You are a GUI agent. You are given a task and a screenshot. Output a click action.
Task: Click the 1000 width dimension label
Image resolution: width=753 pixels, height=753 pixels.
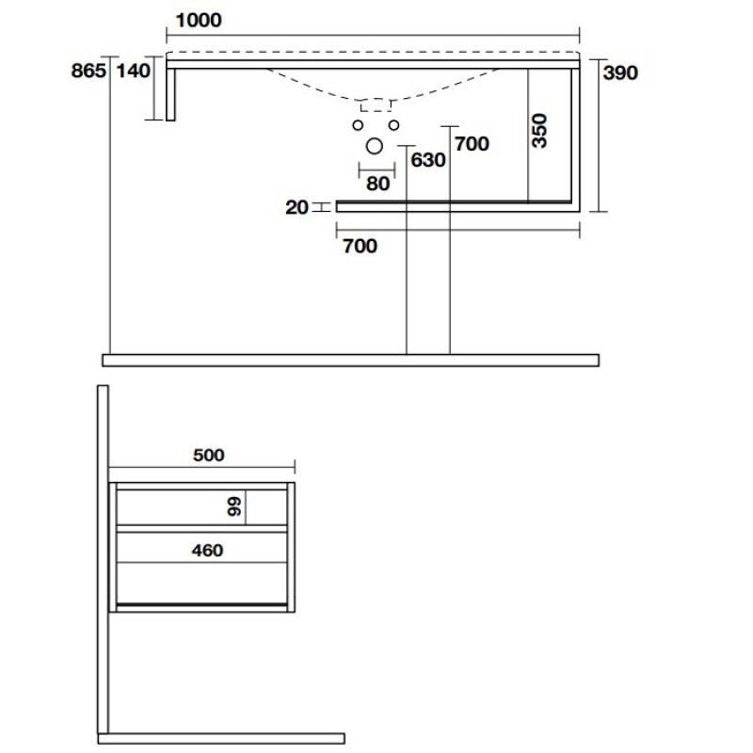pyautogui.click(x=199, y=20)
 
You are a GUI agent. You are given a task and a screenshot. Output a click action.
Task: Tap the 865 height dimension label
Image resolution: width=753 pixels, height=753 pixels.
pyautogui.click(x=88, y=71)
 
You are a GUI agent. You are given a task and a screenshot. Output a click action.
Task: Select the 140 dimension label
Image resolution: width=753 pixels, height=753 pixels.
pyautogui.click(x=134, y=71)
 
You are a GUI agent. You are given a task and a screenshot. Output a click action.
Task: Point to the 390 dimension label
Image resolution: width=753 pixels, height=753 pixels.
pyautogui.click(x=620, y=73)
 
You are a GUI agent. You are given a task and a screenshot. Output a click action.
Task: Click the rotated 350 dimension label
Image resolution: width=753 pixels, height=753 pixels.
pyautogui.click(x=539, y=131)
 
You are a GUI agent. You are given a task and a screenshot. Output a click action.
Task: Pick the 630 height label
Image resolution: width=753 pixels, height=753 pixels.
pyautogui.click(x=428, y=160)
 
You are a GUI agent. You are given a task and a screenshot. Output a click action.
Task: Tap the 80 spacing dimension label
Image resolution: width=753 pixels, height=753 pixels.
pyautogui.click(x=378, y=184)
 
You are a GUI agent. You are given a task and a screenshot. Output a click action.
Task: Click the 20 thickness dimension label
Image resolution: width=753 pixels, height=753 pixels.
pyautogui.click(x=296, y=207)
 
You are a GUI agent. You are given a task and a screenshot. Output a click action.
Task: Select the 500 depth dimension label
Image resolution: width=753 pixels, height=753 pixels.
pyautogui.click(x=208, y=455)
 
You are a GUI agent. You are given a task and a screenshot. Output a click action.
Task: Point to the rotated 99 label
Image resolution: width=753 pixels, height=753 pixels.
pyautogui.click(x=234, y=506)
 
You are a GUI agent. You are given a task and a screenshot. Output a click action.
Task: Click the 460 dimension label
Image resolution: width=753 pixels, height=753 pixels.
pyautogui.click(x=207, y=551)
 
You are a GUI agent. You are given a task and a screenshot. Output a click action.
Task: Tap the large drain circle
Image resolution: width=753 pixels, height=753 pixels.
pyautogui.click(x=374, y=146)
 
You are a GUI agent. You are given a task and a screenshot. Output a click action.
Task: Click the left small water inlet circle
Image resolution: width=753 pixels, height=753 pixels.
pyautogui.click(x=358, y=125)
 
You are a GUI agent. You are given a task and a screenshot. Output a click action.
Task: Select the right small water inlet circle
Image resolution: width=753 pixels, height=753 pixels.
pyautogui.click(x=393, y=125)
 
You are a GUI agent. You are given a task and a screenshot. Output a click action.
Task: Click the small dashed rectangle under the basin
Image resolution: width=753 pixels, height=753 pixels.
pyautogui.click(x=376, y=105)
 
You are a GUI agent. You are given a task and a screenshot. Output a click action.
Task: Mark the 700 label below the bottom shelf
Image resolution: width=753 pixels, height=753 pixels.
pyautogui.click(x=360, y=247)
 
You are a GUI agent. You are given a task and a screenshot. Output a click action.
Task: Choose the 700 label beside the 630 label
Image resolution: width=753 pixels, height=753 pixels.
pyautogui.click(x=473, y=144)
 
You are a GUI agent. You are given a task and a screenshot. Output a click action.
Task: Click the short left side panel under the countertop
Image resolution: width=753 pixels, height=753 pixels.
pyautogui.click(x=170, y=95)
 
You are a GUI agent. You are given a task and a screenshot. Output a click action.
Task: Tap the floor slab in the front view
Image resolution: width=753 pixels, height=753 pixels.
pyautogui.click(x=350, y=360)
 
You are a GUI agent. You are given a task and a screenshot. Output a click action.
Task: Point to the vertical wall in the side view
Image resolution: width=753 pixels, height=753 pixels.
pyautogui.click(x=103, y=559)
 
